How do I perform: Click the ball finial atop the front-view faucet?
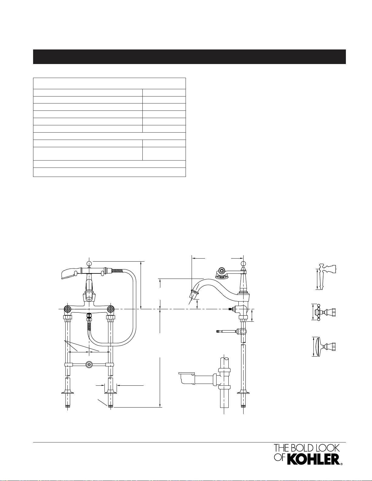[x=89, y=263]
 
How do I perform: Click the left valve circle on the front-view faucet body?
[x=67, y=309]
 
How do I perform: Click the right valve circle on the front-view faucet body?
[x=111, y=309]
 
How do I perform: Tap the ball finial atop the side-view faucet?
[x=243, y=263]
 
